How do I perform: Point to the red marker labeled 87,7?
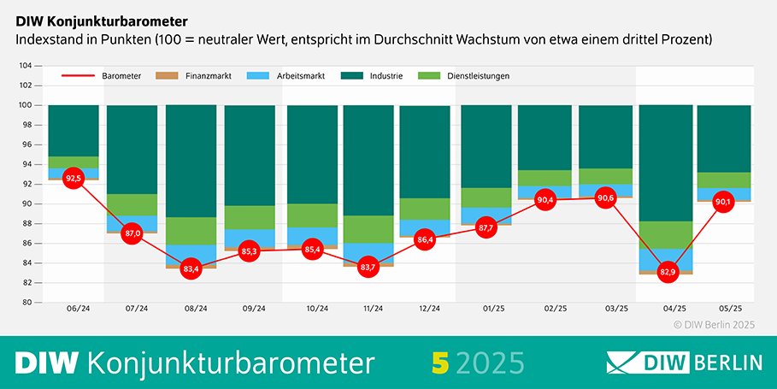coord(486,227)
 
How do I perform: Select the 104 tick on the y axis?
coord(25,66)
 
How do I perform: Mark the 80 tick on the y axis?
coord(26,303)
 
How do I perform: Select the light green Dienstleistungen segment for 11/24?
coord(368,229)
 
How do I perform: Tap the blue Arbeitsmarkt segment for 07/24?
coord(132,223)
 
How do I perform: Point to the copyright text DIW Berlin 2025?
coord(714,324)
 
